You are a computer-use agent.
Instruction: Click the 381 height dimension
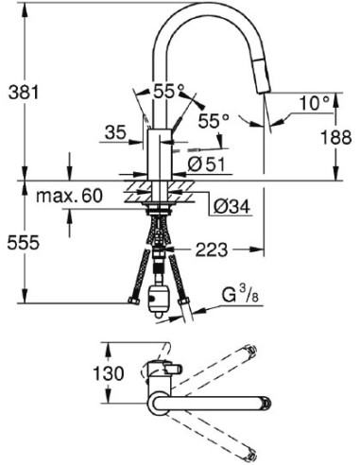tap(24, 93)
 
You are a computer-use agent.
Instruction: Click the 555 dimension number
tap(24, 243)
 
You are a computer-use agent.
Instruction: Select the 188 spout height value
tap(335, 137)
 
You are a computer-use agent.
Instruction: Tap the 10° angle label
tap(315, 103)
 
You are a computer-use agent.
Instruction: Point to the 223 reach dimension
tap(212, 250)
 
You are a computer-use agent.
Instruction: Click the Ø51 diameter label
tap(206, 164)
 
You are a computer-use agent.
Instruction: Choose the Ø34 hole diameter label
tap(231, 207)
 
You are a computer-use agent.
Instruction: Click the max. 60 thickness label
tap(69, 196)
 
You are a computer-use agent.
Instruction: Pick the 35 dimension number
tap(115, 132)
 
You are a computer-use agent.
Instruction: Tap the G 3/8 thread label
tap(240, 295)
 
